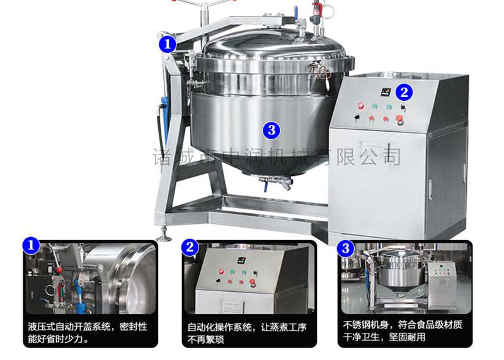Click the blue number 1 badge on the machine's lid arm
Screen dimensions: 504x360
coord(167,44)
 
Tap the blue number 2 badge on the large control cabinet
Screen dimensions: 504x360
coord(404,92)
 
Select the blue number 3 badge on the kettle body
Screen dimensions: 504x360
coord(272,130)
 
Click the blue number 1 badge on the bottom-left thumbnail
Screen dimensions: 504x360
coord(31,246)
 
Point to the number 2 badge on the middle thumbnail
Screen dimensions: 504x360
coord(190,247)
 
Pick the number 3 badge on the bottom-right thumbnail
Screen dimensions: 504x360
coord(345,248)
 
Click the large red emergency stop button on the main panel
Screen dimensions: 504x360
coord(399,120)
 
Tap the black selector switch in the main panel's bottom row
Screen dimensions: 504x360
coord(357,118)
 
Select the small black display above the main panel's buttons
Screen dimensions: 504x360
coord(386,92)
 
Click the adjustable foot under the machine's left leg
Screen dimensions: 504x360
coord(164,235)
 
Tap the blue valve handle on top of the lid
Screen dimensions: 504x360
coord(295,13)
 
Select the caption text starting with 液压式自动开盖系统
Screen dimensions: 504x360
coord(88,333)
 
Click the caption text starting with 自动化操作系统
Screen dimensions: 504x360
coord(247,334)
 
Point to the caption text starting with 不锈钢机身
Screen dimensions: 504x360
coord(403,331)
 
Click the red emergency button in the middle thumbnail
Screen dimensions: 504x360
coord(252,282)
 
